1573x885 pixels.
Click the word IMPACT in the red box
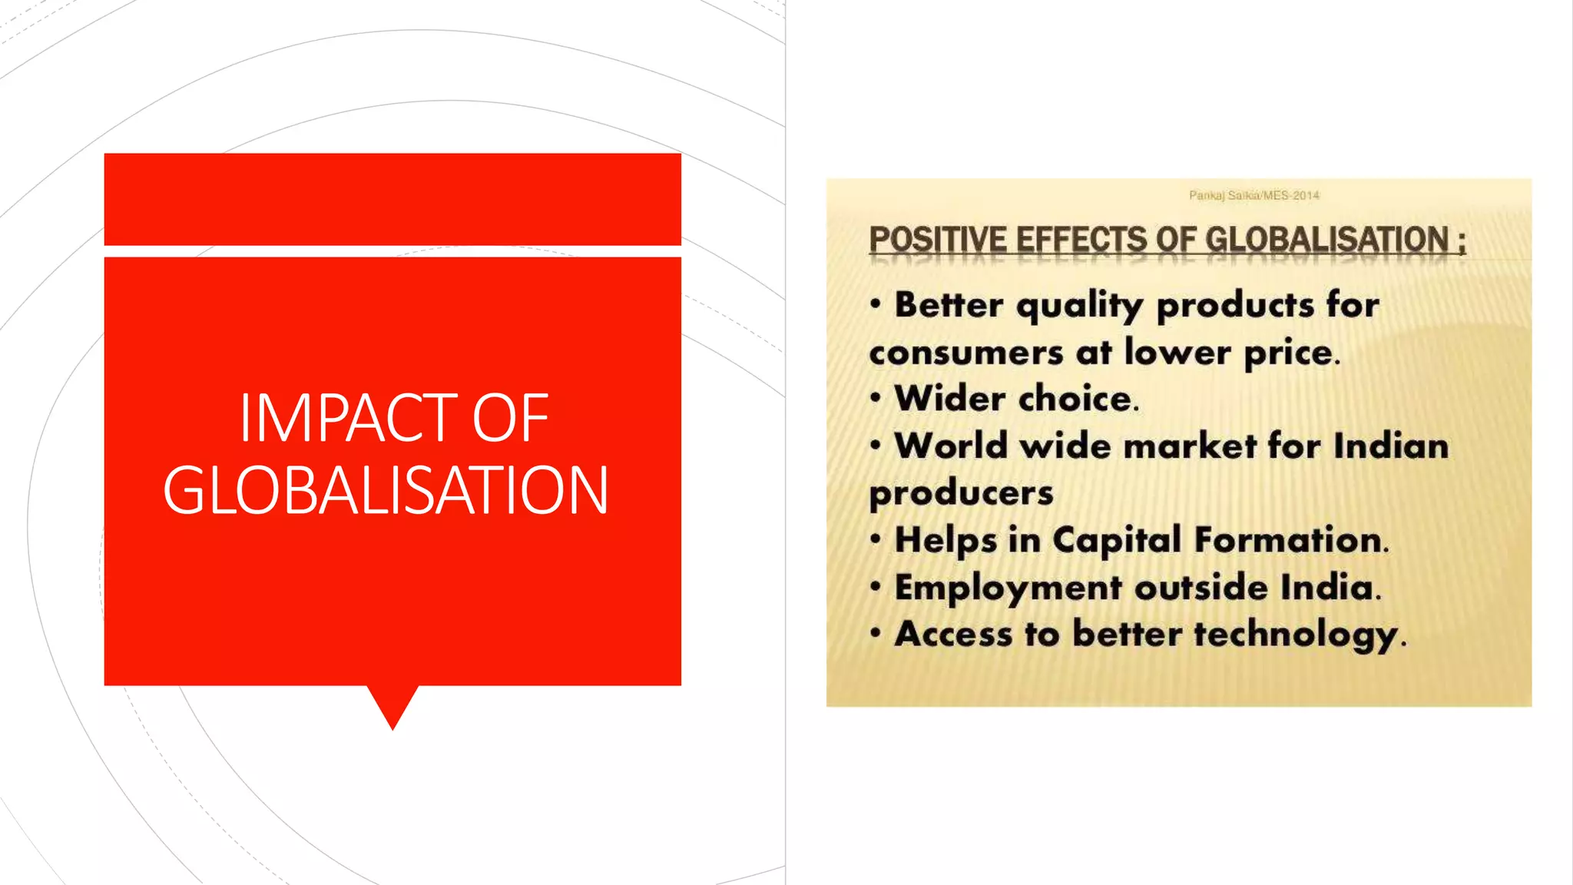[x=349, y=418]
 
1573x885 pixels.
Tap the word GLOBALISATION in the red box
[x=386, y=490]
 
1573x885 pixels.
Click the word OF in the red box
[x=510, y=418]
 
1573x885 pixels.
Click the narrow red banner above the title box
[x=392, y=199]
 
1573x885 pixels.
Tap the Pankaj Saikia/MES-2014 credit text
[x=1253, y=195]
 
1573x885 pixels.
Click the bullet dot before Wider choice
[x=875, y=398]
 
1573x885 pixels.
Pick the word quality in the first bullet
[x=1080, y=306]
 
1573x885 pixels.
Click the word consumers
[x=965, y=353]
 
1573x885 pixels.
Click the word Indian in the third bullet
[x=1391, y=446]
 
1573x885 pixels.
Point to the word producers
[x=961, y=493]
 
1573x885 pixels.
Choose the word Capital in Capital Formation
[x=1117, y=540]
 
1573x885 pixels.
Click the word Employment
[x=1008, y=588]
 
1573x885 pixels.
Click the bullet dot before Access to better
[x=875, y=634]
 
